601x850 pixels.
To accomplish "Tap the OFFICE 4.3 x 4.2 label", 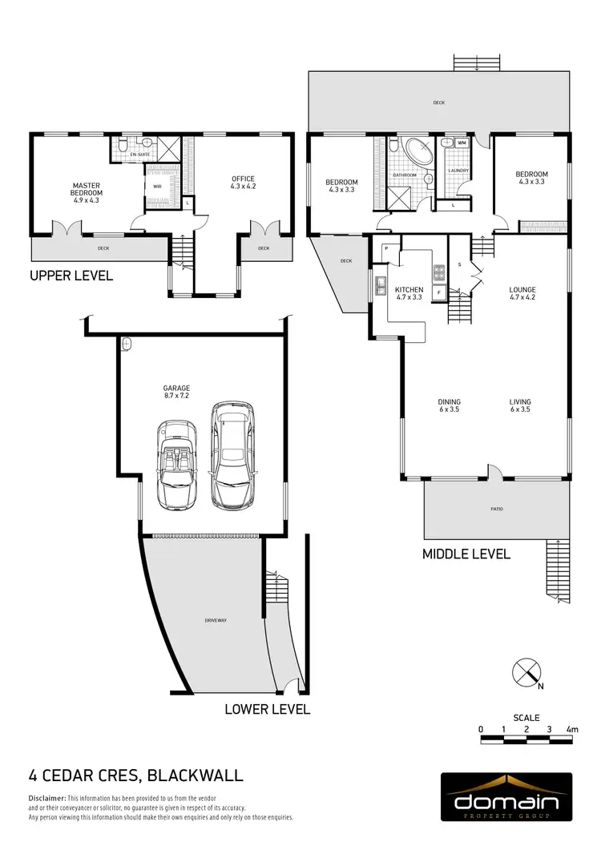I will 243,183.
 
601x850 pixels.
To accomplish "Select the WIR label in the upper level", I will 157,187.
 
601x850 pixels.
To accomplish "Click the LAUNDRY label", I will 458,170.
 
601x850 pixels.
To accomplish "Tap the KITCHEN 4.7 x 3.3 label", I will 409,293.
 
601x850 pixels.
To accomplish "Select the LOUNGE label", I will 522,293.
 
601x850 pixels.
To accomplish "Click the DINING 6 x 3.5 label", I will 449,405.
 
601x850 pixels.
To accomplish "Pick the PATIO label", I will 498,509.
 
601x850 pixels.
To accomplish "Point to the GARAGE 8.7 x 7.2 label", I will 177,392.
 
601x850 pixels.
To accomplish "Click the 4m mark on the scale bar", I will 571,730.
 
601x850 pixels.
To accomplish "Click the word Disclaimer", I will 46,799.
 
